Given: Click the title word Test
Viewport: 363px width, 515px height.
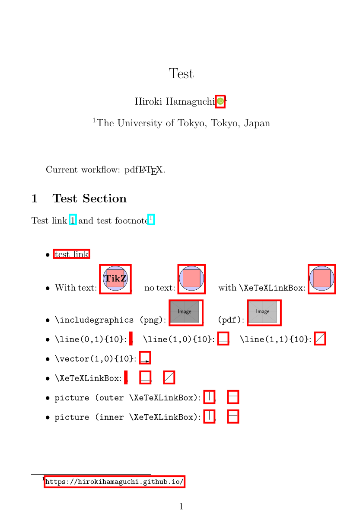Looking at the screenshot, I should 181,74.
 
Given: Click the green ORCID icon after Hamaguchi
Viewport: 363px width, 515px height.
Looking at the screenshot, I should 220,102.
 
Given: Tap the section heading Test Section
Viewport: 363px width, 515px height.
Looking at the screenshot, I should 89,198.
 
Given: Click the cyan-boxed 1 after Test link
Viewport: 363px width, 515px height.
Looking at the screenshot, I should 73,221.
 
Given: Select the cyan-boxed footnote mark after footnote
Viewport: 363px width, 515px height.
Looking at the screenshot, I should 151,219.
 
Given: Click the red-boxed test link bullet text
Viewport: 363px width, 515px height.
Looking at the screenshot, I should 72,254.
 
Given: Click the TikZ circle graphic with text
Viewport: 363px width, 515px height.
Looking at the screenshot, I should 115,279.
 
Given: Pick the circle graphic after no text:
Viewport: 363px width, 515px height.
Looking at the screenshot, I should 192,279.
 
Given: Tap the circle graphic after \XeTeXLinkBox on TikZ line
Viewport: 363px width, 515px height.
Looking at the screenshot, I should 322,279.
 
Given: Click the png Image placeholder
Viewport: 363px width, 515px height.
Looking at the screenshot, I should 185,312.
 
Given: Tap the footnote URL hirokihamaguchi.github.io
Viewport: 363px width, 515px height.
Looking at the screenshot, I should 115,481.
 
